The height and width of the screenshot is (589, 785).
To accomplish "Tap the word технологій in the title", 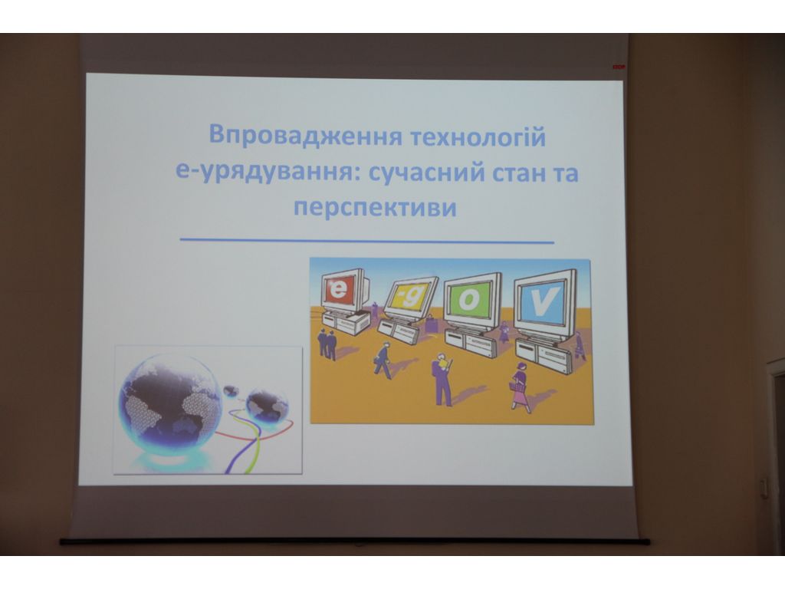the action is [x=477, y=137].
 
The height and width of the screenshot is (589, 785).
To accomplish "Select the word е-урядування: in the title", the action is [x=262, y=173].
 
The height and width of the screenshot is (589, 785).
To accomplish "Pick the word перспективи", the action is [x=375, y=206].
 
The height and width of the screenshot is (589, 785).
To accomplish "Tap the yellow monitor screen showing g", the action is [x=409, y=297].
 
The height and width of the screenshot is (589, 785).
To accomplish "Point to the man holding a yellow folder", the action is [x=442, y=378].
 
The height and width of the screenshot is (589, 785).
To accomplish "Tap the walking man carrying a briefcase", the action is [x=383, y=360].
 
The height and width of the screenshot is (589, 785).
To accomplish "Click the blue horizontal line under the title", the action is [x=367, y=241].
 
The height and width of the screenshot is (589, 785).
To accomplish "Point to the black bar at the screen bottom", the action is [x=354, y=541].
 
